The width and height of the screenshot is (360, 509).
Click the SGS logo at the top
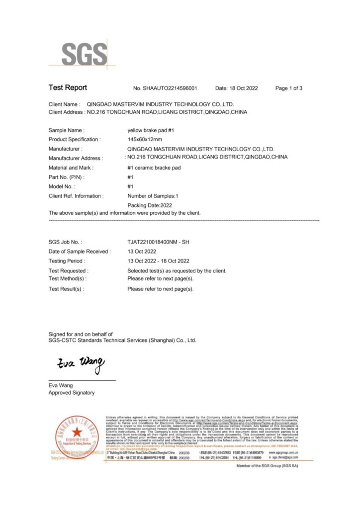click(84, 53)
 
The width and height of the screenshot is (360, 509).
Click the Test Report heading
click(68, 88)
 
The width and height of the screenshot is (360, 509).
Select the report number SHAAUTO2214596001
click(166, 88)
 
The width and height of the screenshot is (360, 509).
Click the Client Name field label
click(64, 104)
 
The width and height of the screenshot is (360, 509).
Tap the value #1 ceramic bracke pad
click(154, 168)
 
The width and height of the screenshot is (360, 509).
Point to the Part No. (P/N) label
click(67, 177)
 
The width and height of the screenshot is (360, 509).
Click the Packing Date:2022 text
click(149, 205)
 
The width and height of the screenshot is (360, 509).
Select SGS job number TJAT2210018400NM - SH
click(158, 242)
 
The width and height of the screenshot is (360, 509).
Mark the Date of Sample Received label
click(79, 252)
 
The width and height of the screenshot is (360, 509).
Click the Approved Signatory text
click(71, 393)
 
